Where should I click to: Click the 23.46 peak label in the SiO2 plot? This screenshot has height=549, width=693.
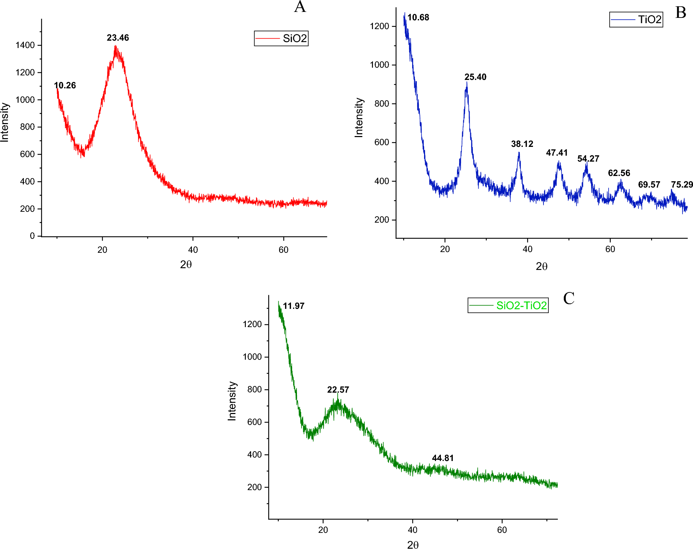[118, 38]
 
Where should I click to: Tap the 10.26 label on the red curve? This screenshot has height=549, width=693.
[65, 85]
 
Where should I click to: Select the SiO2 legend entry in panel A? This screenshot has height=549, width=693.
[281, 38]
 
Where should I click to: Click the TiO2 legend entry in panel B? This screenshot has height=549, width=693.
[636, 19]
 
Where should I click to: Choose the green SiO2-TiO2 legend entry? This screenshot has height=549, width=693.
[508, 305]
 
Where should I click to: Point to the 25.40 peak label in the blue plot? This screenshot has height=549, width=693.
[475, 77]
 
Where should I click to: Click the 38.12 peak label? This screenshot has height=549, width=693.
[522, 144]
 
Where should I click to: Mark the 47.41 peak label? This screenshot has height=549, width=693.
[556, 152]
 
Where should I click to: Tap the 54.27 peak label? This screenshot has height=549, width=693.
[588, 158]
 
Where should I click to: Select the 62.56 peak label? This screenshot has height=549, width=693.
[619, 173]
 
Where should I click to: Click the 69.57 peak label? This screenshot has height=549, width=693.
[649, 184]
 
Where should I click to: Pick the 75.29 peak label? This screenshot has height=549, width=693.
[681, 184]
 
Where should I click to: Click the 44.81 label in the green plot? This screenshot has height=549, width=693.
[443, 458]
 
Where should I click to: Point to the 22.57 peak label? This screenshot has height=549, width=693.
[338, 389]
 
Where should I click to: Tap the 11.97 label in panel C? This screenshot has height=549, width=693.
[293, 306]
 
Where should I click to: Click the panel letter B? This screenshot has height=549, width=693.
[680, 13]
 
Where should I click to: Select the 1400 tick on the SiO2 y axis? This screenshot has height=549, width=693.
[25, 45]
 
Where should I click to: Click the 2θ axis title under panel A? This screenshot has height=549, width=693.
[186, 264]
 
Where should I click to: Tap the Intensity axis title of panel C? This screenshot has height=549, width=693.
[232, 401]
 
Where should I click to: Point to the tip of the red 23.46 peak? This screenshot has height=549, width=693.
[115, 46]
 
